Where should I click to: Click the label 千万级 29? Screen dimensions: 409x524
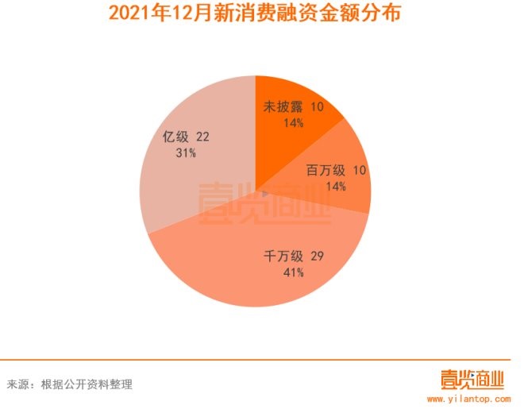click(x=294, y=257)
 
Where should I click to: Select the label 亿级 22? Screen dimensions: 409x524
click(x=186, y=137)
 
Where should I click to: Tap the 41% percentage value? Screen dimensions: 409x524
click(x=292, y=273)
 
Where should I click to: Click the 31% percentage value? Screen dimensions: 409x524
click(x=186, y=153)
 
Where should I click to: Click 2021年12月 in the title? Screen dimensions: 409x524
click(x=148, y=14)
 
